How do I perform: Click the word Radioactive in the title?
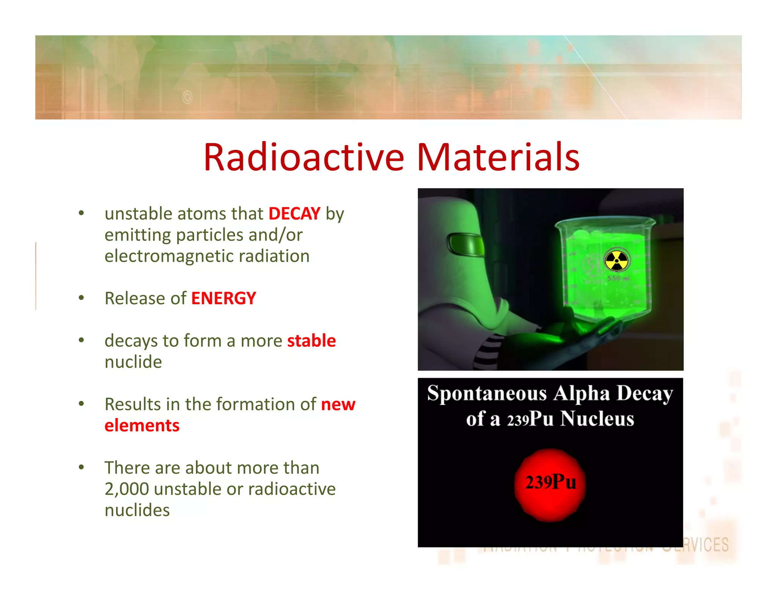(x=304, y=157)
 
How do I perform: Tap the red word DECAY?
(x=294, y=214)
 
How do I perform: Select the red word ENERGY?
(x=223, y=298)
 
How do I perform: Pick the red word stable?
(x=311, y=341)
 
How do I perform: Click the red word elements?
(x=142, y=426)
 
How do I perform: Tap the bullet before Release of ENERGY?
(x=81, y=298)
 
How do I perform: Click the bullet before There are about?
(x=81, y=467)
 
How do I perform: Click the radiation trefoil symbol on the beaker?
(x=616, y=261)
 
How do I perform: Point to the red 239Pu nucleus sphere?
(x=550, y=484)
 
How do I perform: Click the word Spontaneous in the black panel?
(x=487, y=394)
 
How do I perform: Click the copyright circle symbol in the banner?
(x=187, y=97)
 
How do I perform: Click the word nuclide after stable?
(x=133, y=362)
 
